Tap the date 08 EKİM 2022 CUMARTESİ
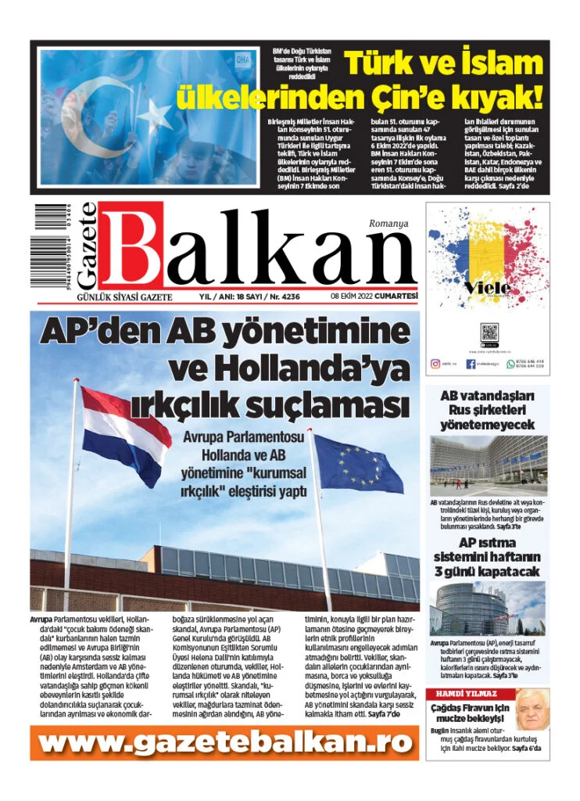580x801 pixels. coord(374,296)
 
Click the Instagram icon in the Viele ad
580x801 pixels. coord(435,364)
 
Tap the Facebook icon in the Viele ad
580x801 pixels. coord(471,364)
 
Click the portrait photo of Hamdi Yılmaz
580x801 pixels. coord(532,709)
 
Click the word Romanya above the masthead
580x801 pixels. coord(388,224)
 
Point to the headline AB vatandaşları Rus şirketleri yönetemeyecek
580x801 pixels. coord(487,410)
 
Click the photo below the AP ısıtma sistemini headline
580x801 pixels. coord(487,609)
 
